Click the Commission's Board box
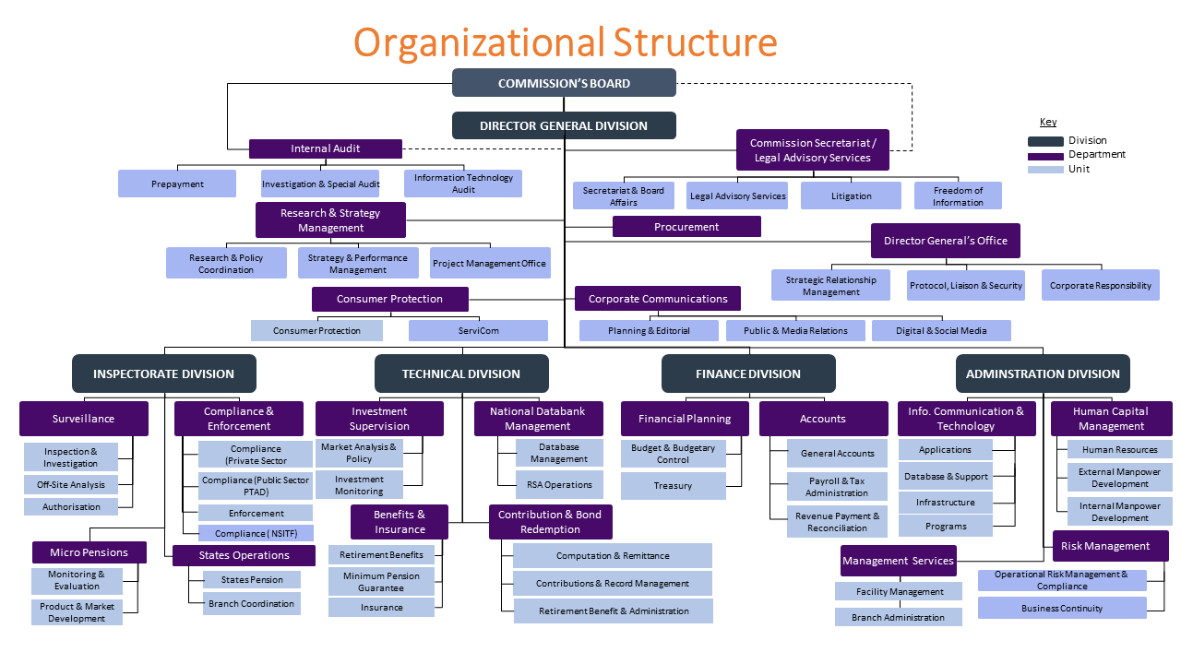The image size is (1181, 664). pos(564,83)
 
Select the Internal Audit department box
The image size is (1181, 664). pos(326,148)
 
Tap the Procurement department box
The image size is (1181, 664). pos(686,227)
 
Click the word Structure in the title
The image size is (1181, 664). pos(695,42)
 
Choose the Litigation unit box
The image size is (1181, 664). pos(851,196)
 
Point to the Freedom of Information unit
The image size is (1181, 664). pos(958,196)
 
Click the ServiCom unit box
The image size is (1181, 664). pos(478,331)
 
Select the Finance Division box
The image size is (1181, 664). pos(748,373)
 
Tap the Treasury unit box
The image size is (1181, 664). pos(674,486)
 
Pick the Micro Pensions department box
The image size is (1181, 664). pos(89,552)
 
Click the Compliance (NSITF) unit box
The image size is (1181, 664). pos(256,533)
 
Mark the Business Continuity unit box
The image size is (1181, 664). pos(1062,608)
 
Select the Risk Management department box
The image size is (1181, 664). pos(1105,546)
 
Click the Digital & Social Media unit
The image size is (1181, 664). pos(941,331)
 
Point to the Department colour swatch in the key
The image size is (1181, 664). pos(1045,156)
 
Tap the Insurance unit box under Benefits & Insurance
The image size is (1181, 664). pos(381,608)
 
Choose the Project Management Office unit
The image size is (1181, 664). pos(490,263)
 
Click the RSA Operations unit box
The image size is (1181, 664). pos(559,485)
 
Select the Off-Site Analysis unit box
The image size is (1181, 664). pos(71,485)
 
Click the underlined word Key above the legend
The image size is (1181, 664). pos(1048,122)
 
